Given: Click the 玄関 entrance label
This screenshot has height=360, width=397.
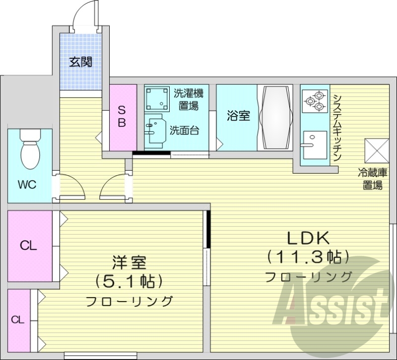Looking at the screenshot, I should click(80, 62).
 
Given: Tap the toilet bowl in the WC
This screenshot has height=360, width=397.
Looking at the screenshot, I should click(29, 151).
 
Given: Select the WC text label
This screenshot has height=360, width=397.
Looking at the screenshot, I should click(27, 185).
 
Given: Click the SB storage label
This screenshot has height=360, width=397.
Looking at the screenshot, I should click(122, 116).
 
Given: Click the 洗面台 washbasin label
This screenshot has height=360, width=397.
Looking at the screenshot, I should click(184, 131).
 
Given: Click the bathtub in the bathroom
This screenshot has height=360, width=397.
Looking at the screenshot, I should click(276, 118).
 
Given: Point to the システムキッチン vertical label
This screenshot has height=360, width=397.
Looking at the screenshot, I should click(337, 127).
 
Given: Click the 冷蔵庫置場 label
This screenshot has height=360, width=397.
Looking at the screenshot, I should click(373, 179).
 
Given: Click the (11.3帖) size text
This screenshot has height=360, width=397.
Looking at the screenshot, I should click(308, 257).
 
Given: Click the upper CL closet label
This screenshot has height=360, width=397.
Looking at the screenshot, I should click(29, 245).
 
